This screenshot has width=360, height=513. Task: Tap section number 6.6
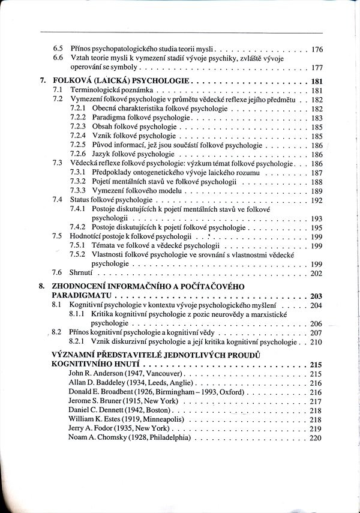click(x=58, y=58)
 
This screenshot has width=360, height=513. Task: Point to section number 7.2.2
click(x=78, y=118)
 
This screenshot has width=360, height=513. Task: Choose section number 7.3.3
click(x=78, y=190)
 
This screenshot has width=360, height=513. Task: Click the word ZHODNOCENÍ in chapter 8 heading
click(x=86, y=286)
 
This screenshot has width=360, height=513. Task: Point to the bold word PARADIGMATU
click(x=83, y=296)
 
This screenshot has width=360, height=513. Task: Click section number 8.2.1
click(x=78, y=342)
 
